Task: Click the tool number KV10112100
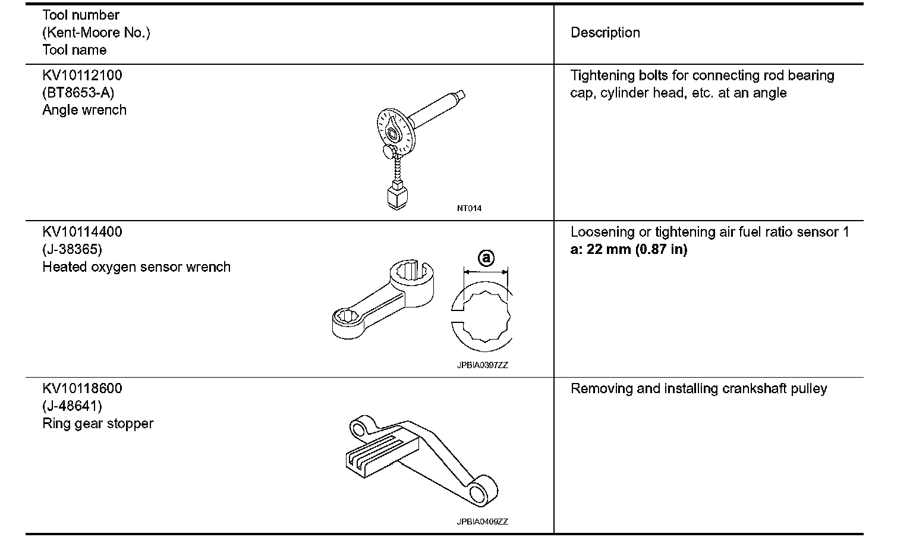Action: pyautogui.click(x=82, y=76)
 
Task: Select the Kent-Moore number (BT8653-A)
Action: pyautogui.click(x=78, y=93)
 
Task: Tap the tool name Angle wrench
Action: pyautogui.click(x=84, y=110)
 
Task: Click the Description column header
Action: pyautogui.click(x=605, y=33)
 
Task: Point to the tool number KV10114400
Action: pyautogui.click(x=82, y=232)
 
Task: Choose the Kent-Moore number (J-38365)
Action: pyautogui.click(x=72, y=249)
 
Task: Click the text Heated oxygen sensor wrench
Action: pyautogui.click(x=136, y=267)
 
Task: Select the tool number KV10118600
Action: pyautogui.click(x=82, y=389)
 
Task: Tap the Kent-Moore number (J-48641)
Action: pyautogui.click(x=72, y=406)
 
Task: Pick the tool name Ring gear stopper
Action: pyautogui.click(x=98, y=423)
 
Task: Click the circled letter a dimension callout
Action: pyautogui.click(x=486, y=258)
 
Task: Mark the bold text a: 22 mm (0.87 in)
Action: pyautogui.click(x=628, y=249)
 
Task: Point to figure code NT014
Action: pyautogui.click(x=469, y=209)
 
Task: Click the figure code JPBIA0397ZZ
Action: pyautogui.click(x=482, y=366)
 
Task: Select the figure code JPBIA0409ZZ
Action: pyautogui.click(x=482, y=522)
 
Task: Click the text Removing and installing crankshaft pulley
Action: pyautogui.click(x=698, y=389)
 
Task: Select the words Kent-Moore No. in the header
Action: pyautogui.click(x=96, y=33)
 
